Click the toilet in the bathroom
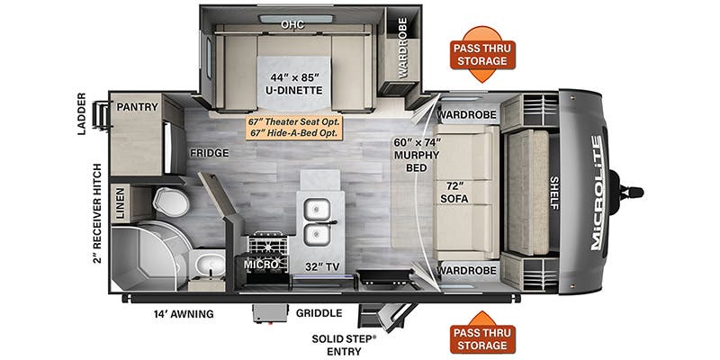click(171, 202)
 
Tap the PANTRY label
click(137, 106)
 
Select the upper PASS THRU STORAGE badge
click(482, 55)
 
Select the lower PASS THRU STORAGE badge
click(482, 334)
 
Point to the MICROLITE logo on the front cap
click(598, 193)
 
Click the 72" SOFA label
click(454, 193)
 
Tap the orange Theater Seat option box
click(295, 128)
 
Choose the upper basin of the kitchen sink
click(317, 210)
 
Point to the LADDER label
click(82, 114)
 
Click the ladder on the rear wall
click(102, 115)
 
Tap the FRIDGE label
click(210, 153)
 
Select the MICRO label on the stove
click(261, 265)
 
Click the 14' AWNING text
click(184, 314)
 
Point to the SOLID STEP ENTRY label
click(344, 346)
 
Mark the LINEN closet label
click(120, 203)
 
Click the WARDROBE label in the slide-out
click(402, 48)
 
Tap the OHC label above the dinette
click(293, 25)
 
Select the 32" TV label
click(321, 267)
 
